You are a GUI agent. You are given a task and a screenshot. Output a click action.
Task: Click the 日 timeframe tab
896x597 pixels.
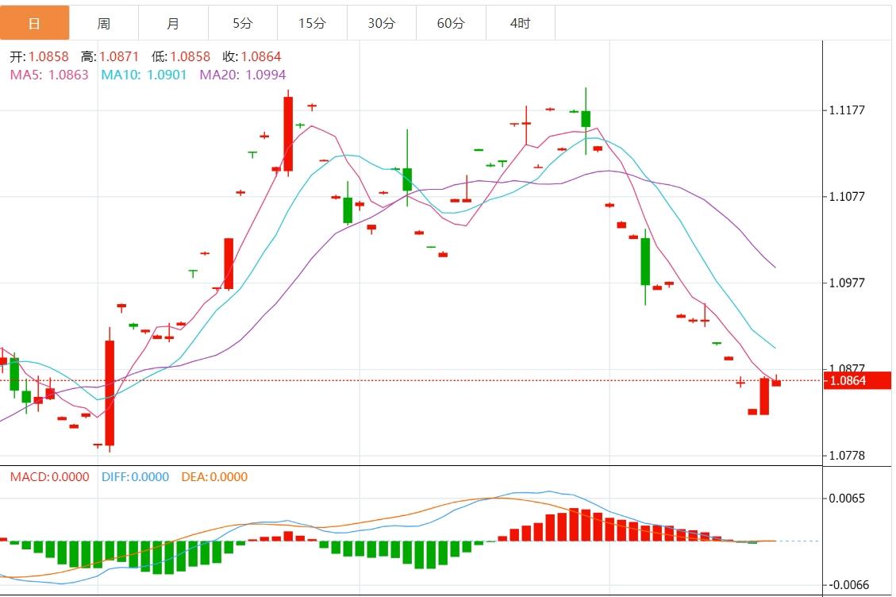pos(34,23)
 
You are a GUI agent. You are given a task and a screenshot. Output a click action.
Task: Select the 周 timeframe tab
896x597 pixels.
pos(104,23)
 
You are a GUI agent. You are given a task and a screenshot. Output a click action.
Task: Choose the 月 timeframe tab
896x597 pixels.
pos(173,23)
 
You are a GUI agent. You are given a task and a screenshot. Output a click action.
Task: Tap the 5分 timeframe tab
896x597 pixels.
pos(243,23)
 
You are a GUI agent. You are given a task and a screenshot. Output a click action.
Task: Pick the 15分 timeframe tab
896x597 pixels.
pos(312,23)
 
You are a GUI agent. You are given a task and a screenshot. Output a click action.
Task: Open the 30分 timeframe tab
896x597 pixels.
pos(382,23)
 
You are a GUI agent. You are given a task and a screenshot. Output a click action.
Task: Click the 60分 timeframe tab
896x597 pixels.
pos(451,23)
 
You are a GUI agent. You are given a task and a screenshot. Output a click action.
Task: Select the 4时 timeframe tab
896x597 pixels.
pos(521,23)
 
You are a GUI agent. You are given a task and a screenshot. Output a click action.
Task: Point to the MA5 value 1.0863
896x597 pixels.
pos(68,75)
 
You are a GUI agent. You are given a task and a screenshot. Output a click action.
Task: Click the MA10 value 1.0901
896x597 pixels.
pos(167,75)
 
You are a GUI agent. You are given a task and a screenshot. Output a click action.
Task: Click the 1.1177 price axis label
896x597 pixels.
pos(847,110)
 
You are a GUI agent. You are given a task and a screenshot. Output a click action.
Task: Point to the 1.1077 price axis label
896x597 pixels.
pos(847,196)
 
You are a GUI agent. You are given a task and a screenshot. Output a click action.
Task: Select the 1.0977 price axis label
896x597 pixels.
pos(847,283)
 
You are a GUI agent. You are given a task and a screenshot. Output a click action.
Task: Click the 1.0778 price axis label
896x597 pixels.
pos(847,456)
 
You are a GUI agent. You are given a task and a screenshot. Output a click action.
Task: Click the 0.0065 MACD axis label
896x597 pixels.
pos(848,499)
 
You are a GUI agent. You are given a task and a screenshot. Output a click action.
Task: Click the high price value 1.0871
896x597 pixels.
pos(119,57)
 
